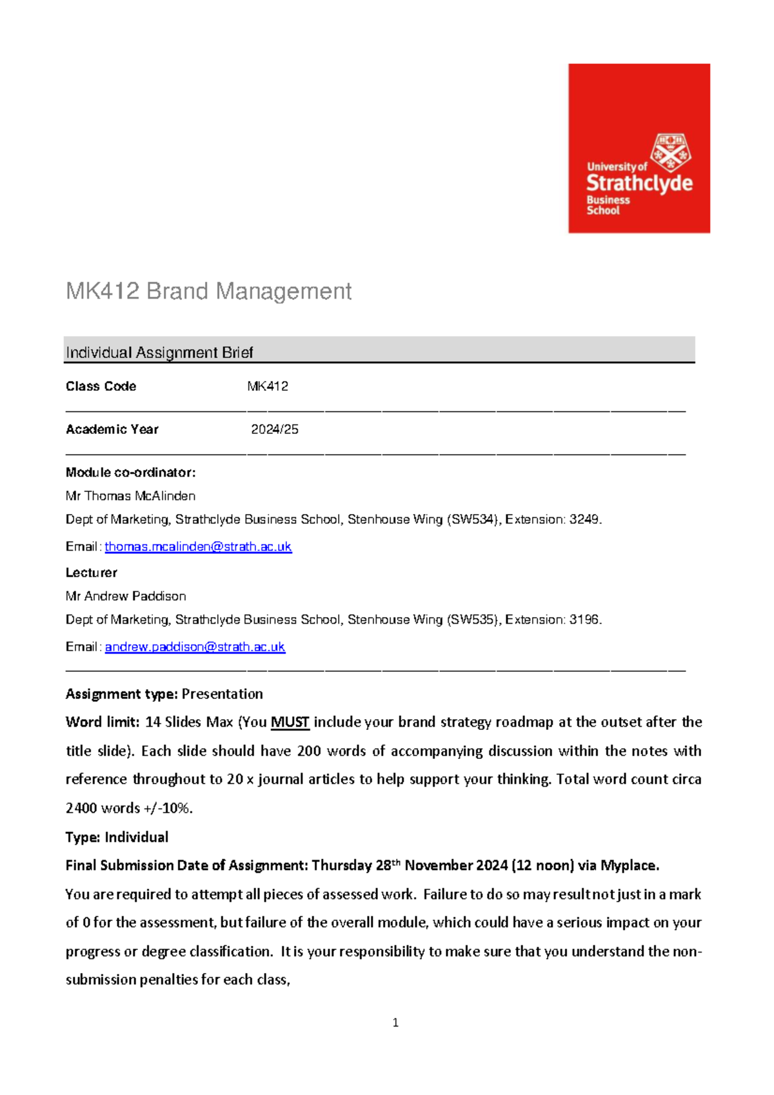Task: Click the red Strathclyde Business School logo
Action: (639, 148)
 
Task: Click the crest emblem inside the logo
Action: (670, 152)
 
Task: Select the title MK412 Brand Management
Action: (208, 291)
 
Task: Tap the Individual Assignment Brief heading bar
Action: (379, 351)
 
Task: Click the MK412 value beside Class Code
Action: (268, 386)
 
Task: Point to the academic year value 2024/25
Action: (275, 429)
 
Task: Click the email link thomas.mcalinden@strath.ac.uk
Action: (198, 547)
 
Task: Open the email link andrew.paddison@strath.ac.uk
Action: (195, 647)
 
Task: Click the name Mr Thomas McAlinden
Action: (131, 496)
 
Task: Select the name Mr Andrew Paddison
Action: (126, 597)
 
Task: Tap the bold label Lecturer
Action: (92, 573)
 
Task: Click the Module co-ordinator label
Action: (130, 473)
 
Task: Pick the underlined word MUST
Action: (290, 722)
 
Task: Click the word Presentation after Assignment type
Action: (223, 695)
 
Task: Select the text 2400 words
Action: (103, 808)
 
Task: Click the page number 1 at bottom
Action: (395, 1023)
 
